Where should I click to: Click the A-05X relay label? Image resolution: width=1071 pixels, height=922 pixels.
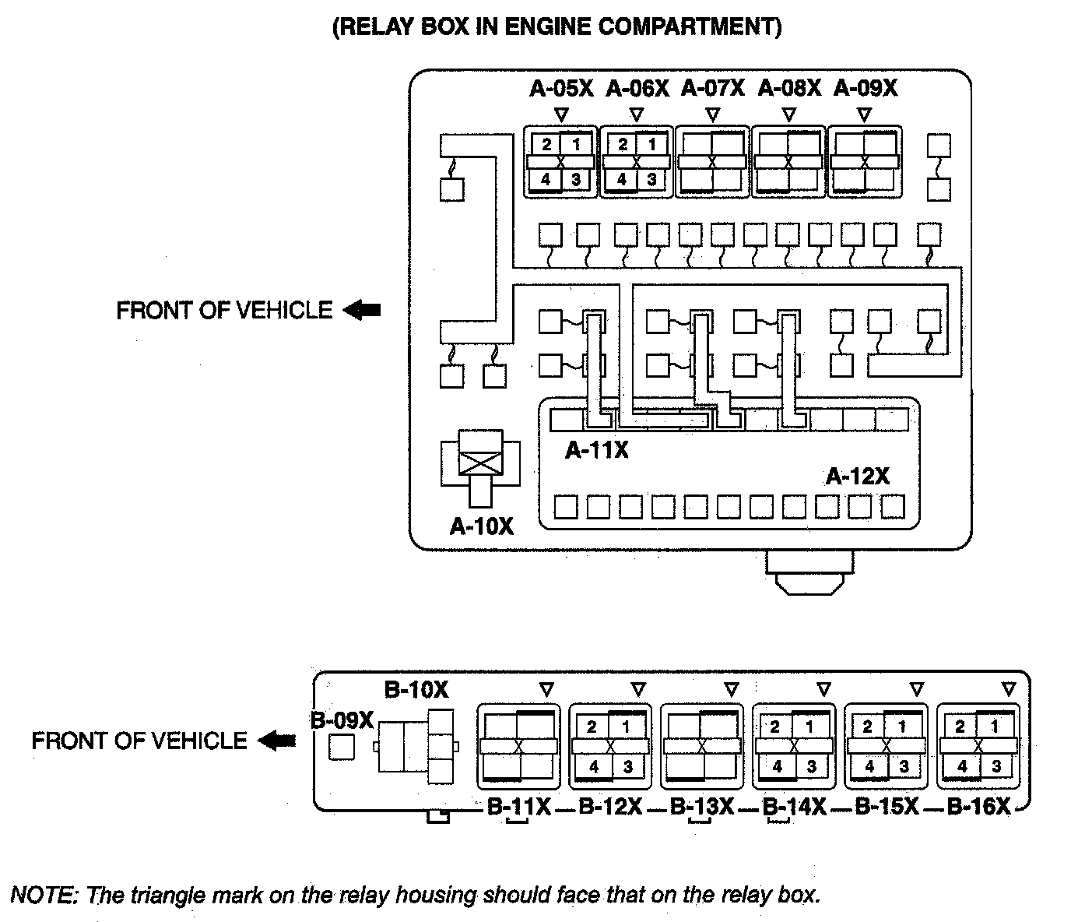pos(561,89)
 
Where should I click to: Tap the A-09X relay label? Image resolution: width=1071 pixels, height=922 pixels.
pos(865,89)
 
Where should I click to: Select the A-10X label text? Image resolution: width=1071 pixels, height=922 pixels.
pos(482,527)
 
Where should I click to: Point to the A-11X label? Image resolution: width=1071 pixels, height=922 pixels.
pos(597,450)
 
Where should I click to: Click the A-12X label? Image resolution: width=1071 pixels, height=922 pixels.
pos(858,476)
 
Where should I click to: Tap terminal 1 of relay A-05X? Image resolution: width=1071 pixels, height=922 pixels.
pos(577,144)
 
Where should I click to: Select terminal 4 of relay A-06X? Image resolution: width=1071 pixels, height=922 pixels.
pos(622,180)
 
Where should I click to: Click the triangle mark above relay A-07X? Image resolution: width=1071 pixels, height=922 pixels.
pos(712,115)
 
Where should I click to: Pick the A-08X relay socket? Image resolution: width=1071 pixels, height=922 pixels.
pos(788,162)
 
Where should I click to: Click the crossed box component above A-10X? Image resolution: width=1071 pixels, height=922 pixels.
pos(481,463)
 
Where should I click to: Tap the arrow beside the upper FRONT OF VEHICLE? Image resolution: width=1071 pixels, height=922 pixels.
pos(362,311)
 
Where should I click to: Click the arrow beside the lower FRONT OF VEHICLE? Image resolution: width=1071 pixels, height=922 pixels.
pos(276,741)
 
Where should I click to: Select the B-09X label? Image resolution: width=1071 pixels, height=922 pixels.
pos(342,721)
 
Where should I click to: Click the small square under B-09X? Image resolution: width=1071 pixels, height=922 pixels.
pos(342,747)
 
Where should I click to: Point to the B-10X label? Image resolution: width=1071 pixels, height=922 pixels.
pos(416,690)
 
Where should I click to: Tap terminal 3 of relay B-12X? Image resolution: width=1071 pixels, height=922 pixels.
pos(627,767)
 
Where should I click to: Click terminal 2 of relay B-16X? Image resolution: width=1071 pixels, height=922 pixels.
pos(960,727)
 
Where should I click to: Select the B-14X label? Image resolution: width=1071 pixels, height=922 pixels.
pos(794,807)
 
